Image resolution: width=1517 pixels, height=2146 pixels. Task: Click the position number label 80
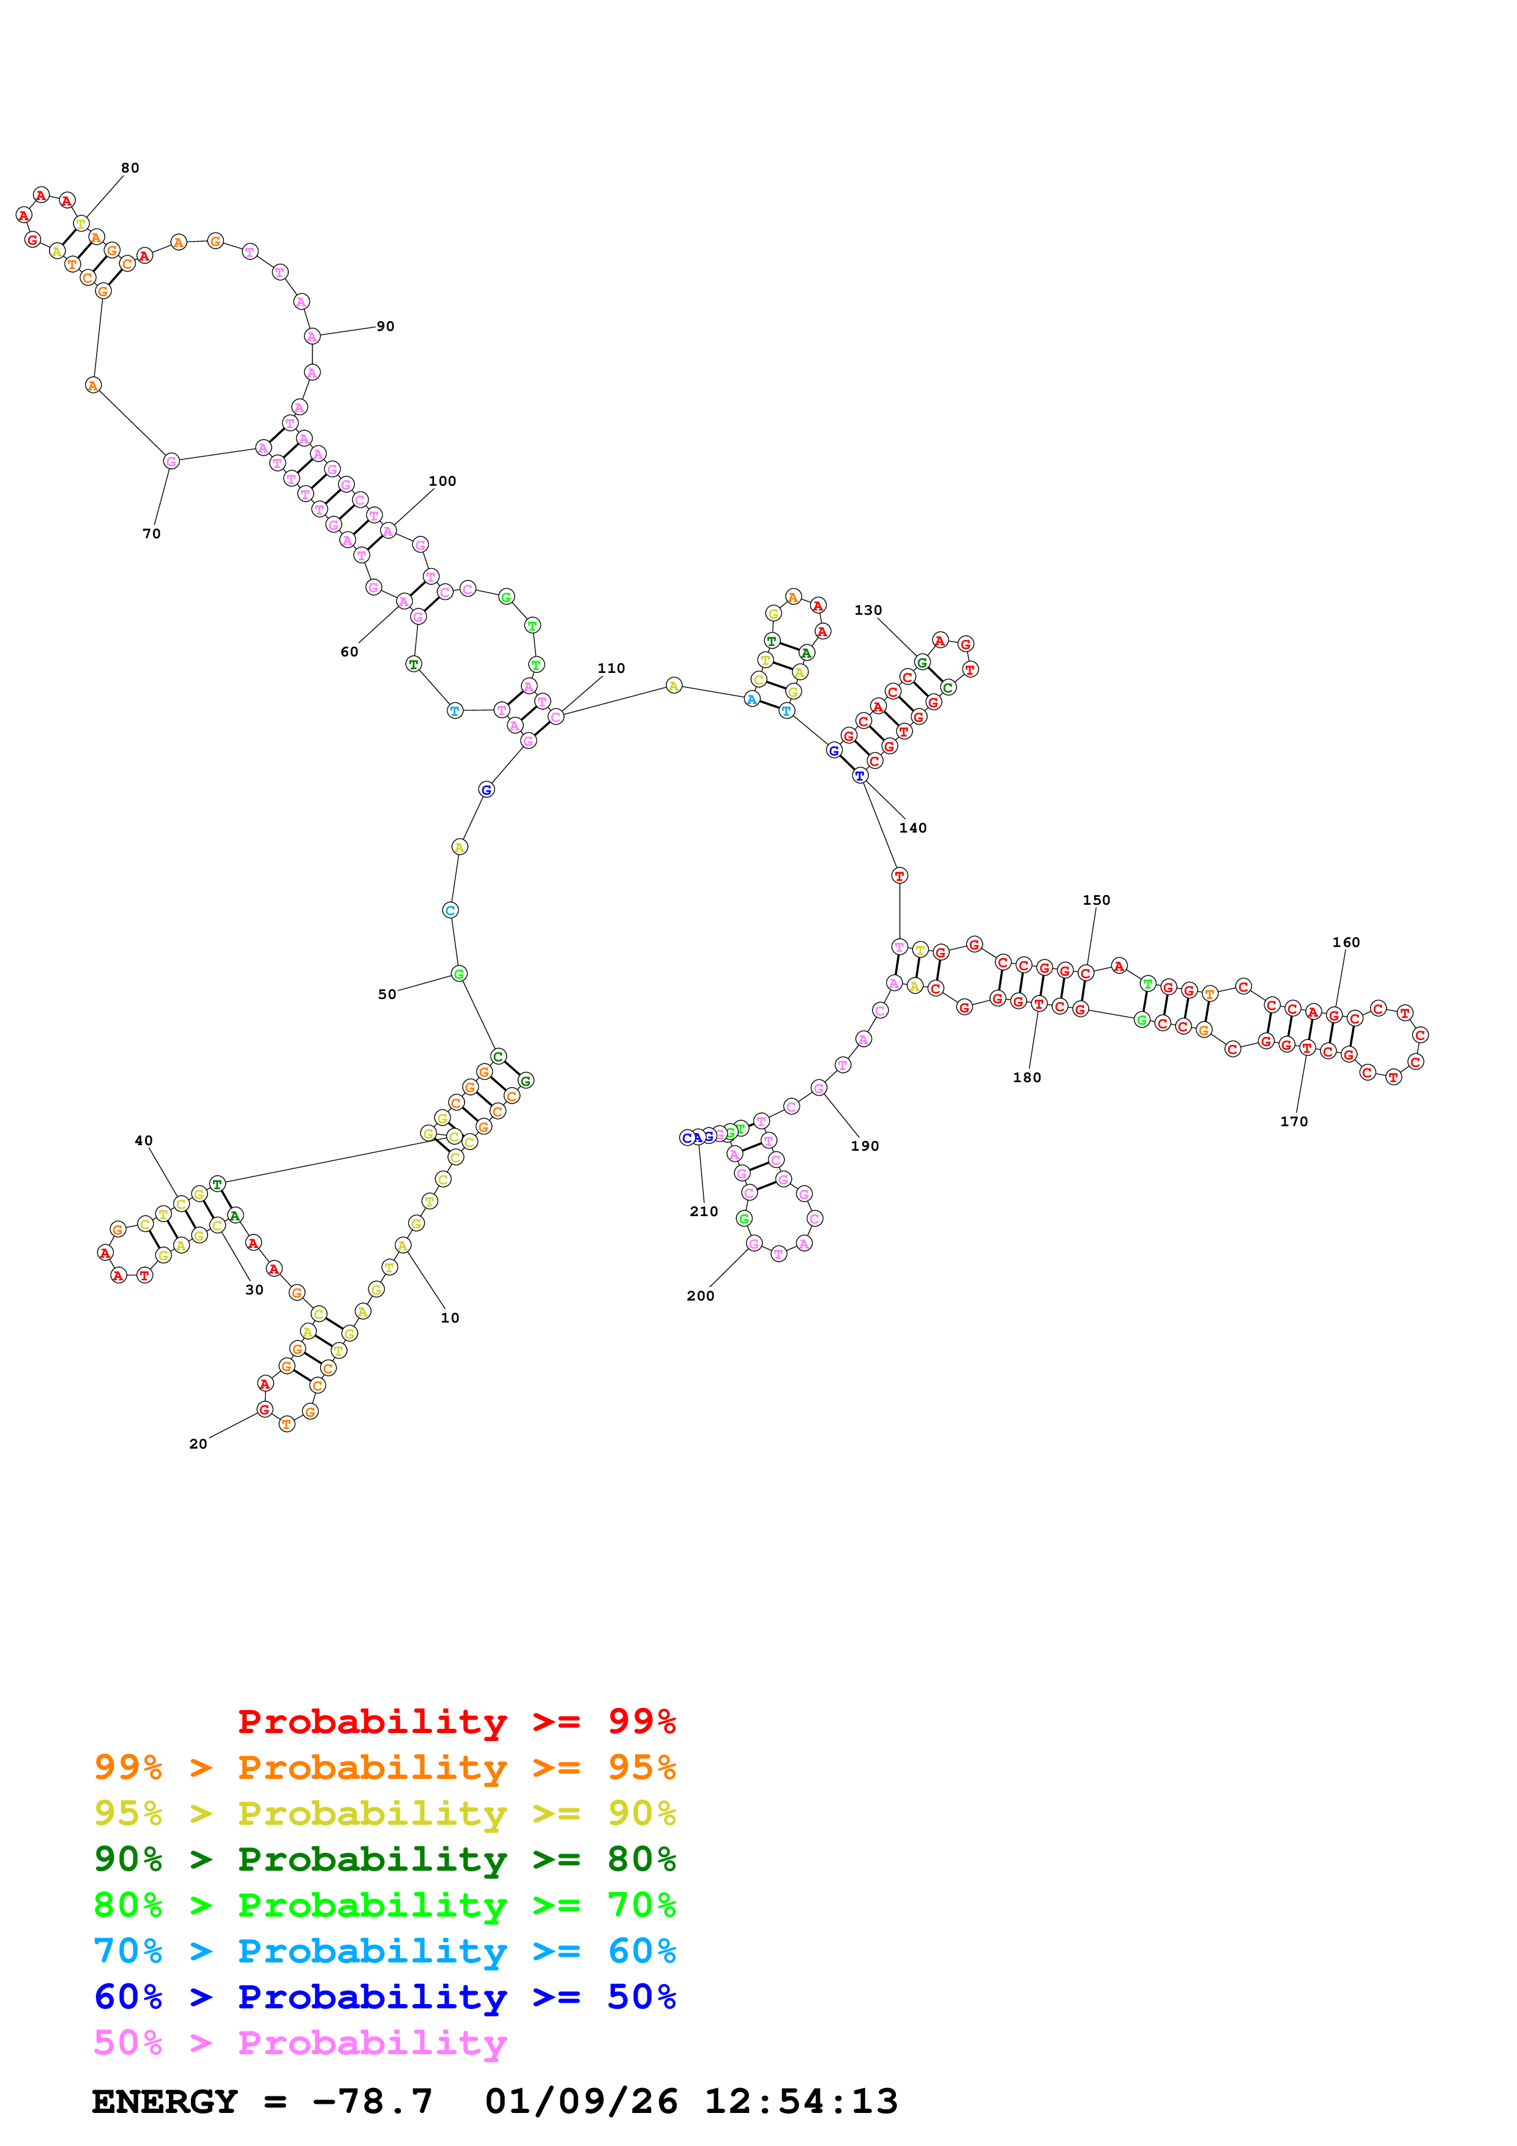[x=130, y=168]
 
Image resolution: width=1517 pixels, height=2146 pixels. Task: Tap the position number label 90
[x=385, y=326]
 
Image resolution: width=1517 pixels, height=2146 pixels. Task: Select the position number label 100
[x=442, y=481]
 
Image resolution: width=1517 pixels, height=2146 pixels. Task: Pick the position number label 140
[x=912, y=828]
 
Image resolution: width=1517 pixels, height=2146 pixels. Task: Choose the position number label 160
[x=1345, y=942]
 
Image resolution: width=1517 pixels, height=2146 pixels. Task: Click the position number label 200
[x=700, y=1296]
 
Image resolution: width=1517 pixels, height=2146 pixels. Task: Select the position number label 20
[x=198, y=1444]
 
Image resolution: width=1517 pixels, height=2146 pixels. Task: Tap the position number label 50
[x=387, y=995]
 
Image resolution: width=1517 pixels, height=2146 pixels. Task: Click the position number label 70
[x=151, y=533]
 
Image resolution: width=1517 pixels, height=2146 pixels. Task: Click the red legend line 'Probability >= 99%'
[x=456, y=1721]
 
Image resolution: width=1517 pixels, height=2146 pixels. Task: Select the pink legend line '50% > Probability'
[x=300, y=2042]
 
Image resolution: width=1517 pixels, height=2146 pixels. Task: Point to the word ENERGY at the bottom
[x=165, y=2102]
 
